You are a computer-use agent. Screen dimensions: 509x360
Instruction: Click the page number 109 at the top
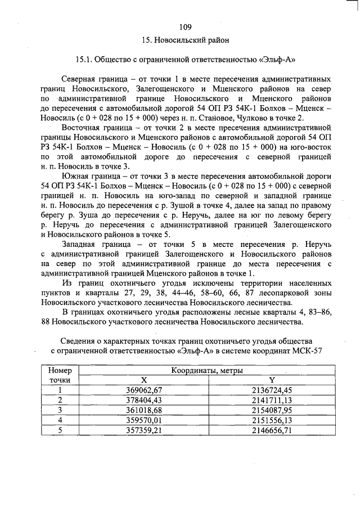[186, 26]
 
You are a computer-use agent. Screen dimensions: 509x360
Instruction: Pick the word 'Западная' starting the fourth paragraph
[82, 245]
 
